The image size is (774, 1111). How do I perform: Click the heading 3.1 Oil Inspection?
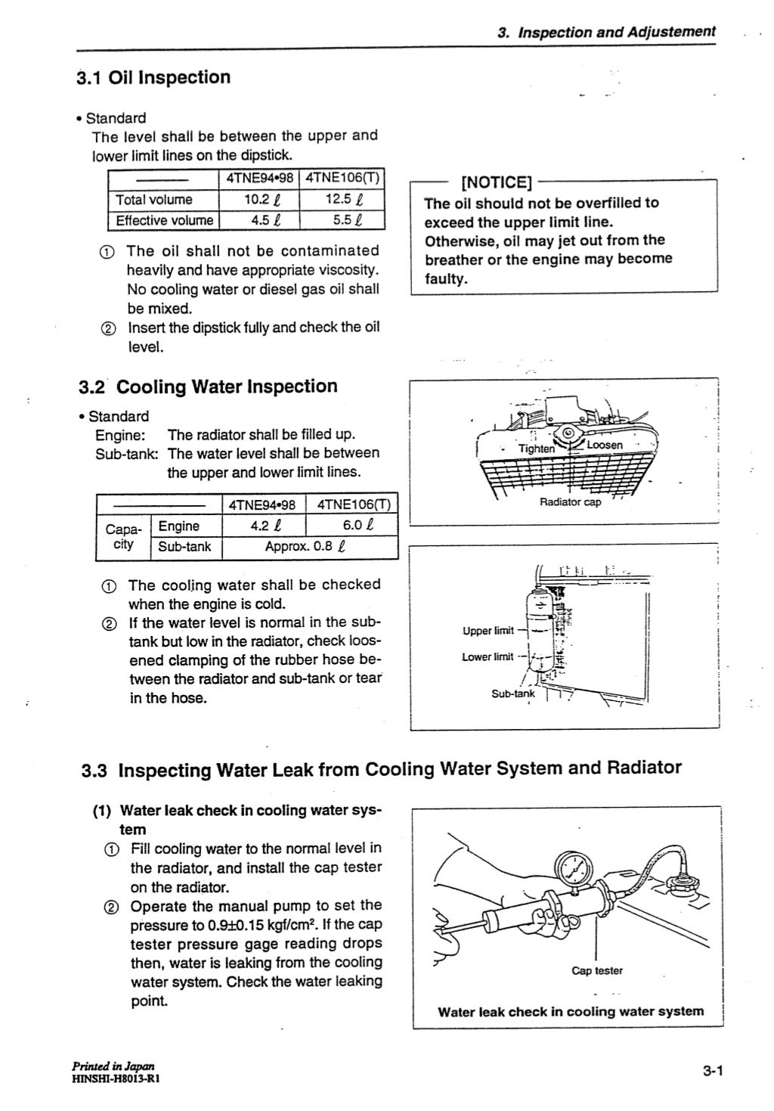[x=153, y=77]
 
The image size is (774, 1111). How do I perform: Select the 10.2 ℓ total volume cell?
[x=259, y=200]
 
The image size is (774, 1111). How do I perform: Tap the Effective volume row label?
[x=164, y=221]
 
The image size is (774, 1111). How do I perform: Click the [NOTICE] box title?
[x=497, y=182]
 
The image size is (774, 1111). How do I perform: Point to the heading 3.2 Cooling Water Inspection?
[x=208, y=386]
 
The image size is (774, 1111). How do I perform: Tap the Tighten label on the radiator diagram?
[x=536, y=448]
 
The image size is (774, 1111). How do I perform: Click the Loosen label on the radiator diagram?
[x=604, y=445]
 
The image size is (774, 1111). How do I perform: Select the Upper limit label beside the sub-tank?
[x=488, y=630]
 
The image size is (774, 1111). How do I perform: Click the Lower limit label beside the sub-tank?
[x=488, y=656]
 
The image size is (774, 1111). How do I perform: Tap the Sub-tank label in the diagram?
[x=512, y=693]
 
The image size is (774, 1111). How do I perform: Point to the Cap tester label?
[x=597, y=970]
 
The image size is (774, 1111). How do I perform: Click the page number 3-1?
[x=713, y=1070]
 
